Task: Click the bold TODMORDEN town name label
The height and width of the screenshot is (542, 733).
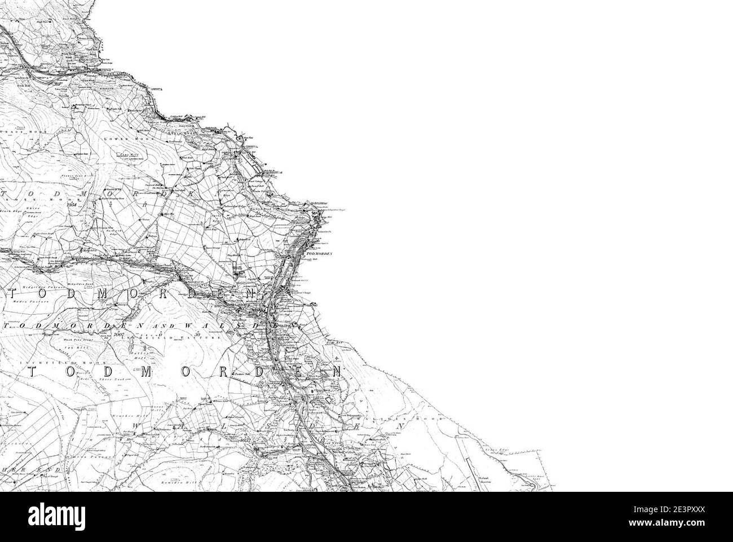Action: [x=319, y=255]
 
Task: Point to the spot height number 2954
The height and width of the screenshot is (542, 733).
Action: [x=70, y=205]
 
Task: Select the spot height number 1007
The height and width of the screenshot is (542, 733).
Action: [x=118, y=335]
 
